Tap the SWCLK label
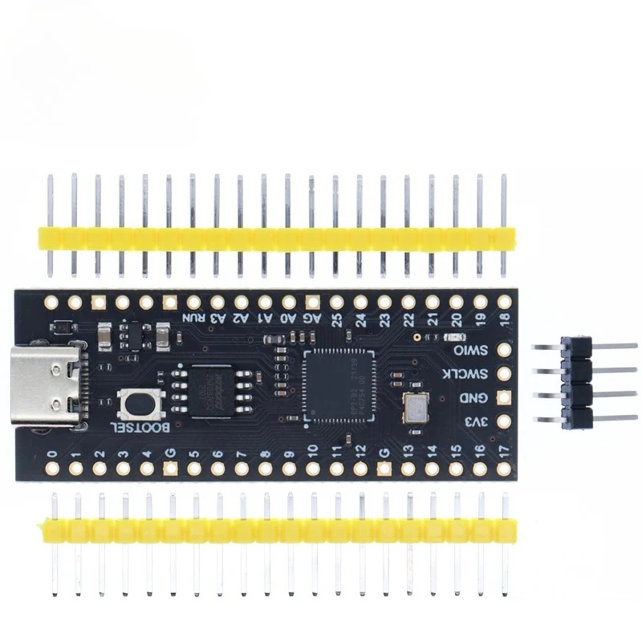473,374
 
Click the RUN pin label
193,318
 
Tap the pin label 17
504,449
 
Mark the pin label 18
504,319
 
